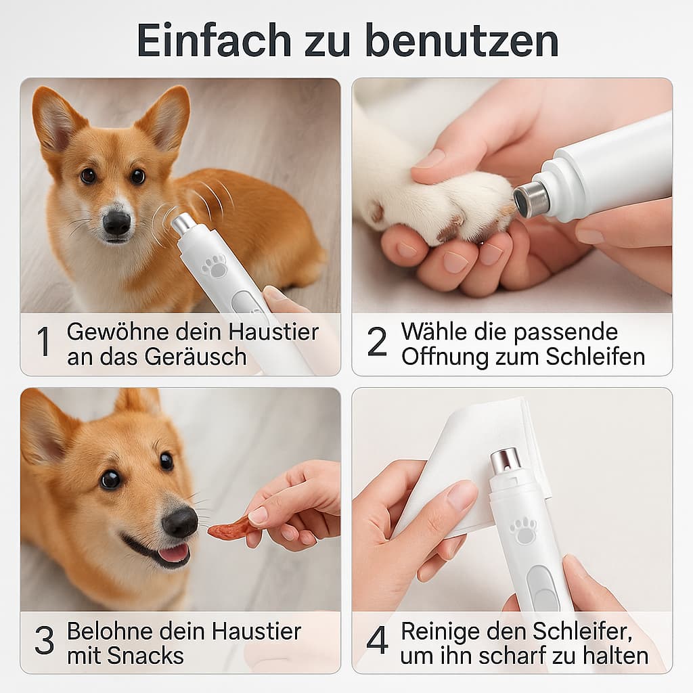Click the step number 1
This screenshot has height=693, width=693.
coord(43,343)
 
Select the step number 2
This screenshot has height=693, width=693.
coord(377,343)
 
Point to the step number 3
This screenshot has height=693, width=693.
coord(44,642)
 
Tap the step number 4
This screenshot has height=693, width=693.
coord(377,642)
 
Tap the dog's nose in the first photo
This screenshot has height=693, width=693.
coord(116,221)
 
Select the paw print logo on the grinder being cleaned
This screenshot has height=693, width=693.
coord(523,531)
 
